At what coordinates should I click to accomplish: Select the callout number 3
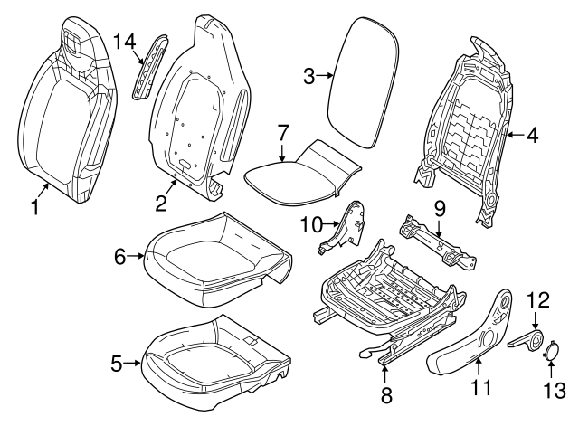pos(308,77)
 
